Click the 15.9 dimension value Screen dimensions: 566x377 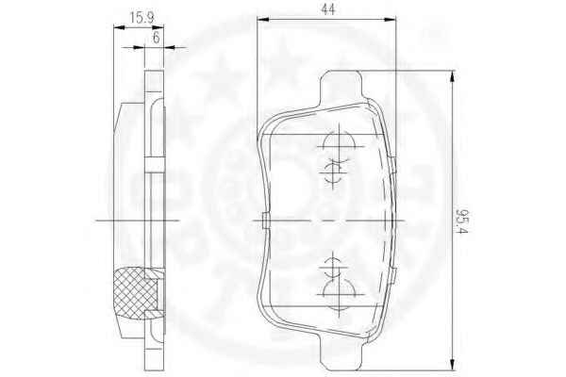(141, 17)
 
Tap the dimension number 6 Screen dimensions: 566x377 (156, 37)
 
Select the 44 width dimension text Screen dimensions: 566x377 (327, 8)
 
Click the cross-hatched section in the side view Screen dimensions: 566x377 (134, 293)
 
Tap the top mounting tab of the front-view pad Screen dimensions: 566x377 (341, 87)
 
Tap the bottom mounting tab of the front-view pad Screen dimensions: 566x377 (340, 352)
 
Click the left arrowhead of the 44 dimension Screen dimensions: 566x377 (263, 19)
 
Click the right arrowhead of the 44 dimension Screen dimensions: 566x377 (390, 19)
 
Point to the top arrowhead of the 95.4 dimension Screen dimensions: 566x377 (452, 77)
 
